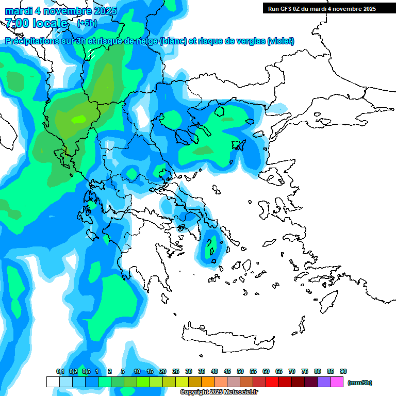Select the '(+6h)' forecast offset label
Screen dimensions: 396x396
pyautogui.click(x=86, y=23)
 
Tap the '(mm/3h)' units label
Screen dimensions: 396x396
pyautogui.click(x=359, y=383)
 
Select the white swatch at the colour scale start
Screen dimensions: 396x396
pyautogui.click(x=53, y=382)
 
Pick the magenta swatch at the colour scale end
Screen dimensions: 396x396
pyautogui.click(x=337, y=382)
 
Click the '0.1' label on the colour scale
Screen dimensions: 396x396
pyautogui.click(x=60, y=371)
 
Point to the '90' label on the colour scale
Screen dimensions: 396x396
pyautogui.click(x=343, y=371)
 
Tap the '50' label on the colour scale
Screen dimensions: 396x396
pyautogui.click(x=240, y=371)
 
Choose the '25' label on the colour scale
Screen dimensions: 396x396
pyautogui.click(x=176, y=371)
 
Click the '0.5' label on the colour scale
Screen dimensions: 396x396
pyautogui.click(x=86, y=371)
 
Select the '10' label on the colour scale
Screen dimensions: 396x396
pyautogui.click(x=137, y=371)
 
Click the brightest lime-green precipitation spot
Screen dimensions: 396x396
pyautogui.click(x=79, y=119)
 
